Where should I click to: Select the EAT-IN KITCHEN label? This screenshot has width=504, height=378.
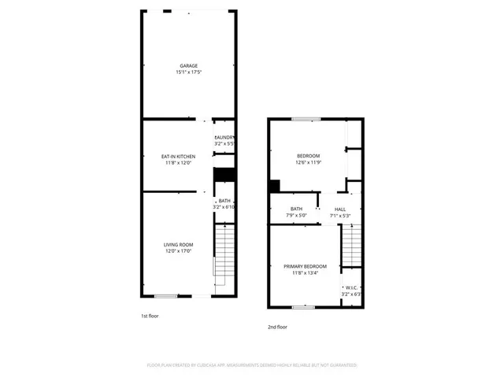click(178, 157)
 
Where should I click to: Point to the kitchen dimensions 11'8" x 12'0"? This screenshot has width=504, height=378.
click(178, 163)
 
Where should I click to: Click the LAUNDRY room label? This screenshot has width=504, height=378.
click(224, 138)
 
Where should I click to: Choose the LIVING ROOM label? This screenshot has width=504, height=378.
click(178, 245)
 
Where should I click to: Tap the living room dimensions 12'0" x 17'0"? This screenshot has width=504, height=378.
click(178, 251)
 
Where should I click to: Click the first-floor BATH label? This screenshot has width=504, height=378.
click(225, 201)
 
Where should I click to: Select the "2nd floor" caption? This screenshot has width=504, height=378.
click(277, 326)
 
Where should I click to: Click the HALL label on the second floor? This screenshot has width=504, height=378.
click(340, 209)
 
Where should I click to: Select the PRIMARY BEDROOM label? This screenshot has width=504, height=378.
click(305, 267)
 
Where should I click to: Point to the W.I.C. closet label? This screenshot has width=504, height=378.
click(351, 287)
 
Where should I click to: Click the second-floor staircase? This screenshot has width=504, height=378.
click(350, 248)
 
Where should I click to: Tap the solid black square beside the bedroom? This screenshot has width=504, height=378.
click(274, 186)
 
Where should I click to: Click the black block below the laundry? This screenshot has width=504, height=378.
click(225, 175)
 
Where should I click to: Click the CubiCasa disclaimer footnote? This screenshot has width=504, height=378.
click(252, 365)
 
